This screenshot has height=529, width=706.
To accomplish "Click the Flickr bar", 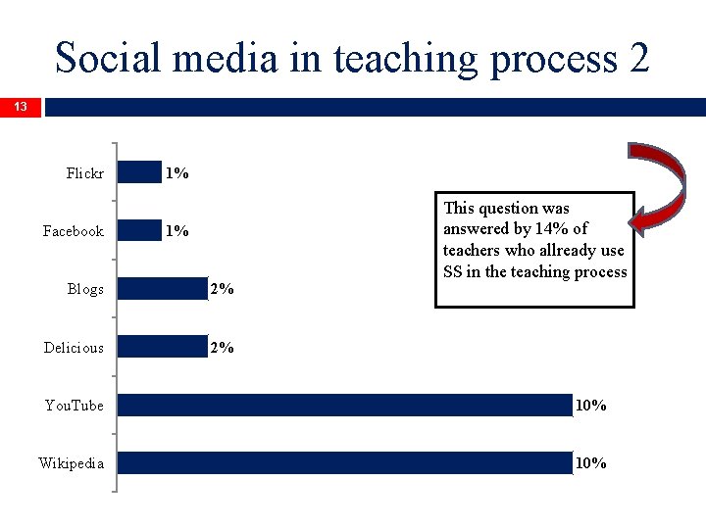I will [x=139, y=172].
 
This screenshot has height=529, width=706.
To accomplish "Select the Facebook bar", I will [x=139, y=230].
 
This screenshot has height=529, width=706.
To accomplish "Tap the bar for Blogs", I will [x=162, y=289].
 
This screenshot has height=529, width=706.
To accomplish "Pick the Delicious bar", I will [x=162, y=347].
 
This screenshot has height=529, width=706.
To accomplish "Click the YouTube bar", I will [x=344, y=405].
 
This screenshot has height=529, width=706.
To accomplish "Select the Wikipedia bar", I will [x=344, y=462].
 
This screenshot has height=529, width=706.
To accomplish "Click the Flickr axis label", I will [x=84, y=173].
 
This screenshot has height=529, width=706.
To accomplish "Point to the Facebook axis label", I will [x=73, y=231].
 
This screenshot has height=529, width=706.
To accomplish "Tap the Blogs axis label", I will [x=85, y=289].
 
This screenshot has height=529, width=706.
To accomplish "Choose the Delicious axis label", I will [x=74, y=348].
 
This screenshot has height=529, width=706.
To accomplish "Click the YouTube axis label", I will [x=74, y=406].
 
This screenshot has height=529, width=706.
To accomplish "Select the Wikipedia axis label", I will [x=71, y=463].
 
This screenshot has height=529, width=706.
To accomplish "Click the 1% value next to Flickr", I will [x=177, y=173].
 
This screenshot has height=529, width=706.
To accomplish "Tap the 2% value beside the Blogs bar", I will [x=222, y=289].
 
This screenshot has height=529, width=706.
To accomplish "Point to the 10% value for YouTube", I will [x=590, y=406].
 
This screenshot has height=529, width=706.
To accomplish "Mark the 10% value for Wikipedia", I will [x=590, y=463].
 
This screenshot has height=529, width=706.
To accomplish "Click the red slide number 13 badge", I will [x=21, y=107].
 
